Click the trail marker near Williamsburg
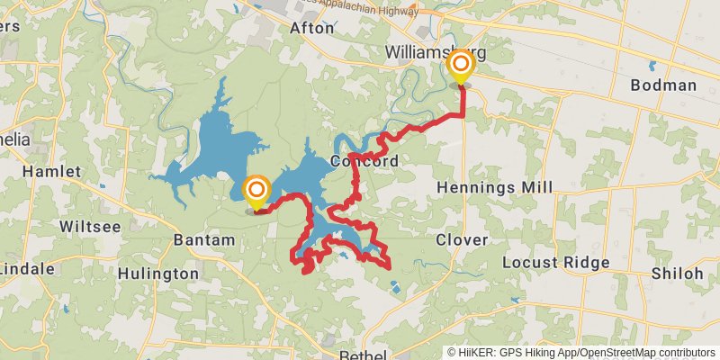(461, 65)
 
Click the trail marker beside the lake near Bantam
(256, 190)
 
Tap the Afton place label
(311, 28)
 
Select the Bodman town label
(663, 85)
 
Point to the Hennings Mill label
(494, 186)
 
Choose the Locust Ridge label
(555, 263)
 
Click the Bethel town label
(363, 355)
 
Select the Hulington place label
(158, 274)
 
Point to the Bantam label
(203, 240)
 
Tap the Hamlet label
(51, 171)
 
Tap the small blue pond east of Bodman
(652, 66)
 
